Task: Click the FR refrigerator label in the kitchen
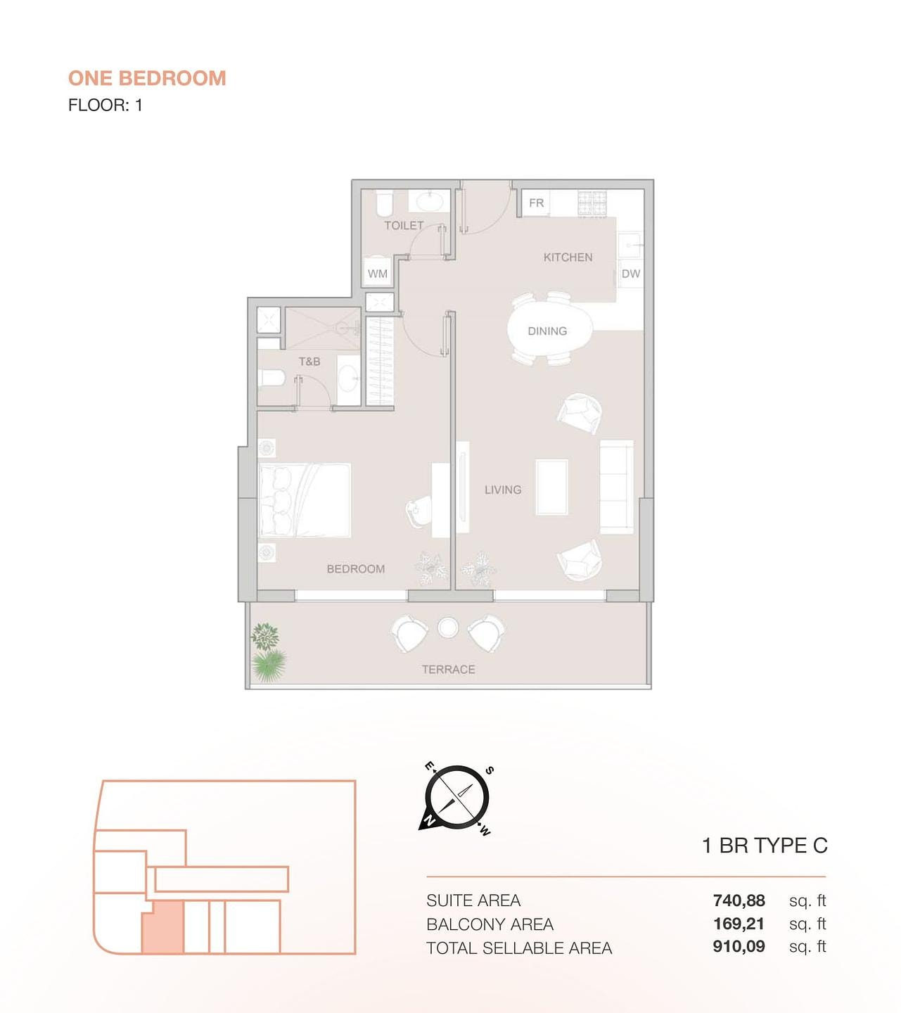point(536,203)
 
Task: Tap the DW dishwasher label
point(630,274)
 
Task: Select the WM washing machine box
point(377,273)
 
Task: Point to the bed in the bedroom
point(305,500)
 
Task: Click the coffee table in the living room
point(552,487)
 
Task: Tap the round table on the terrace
point(448,627)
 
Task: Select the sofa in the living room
point(617,487)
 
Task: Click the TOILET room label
point(404,226)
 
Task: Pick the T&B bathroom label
point(309,362)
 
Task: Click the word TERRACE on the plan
point(449,670)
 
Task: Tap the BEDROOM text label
point(356,569)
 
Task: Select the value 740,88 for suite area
point(739,900)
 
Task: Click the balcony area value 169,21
point(739,924)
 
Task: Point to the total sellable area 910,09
point(739,946)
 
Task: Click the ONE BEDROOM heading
point(147,78)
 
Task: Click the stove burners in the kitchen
point(592,204)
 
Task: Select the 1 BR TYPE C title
point(765,846)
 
